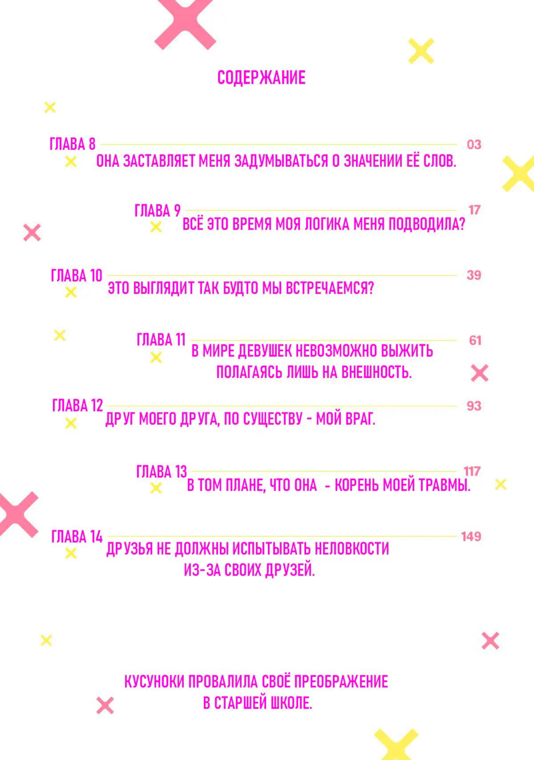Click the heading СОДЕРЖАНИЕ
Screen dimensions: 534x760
pyautogui.click(x=261, y=78)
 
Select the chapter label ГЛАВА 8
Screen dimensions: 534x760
pyautogui.click(x=73, y=144)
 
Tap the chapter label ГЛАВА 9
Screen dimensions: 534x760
pyautogui.click(x=158, y=210)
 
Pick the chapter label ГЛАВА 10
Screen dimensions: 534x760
pyautogui.click(x=77, y=275)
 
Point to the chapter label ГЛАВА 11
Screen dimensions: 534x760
pyautogui.click(x=161, y=339)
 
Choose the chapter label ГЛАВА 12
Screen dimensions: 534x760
pyautogui.click(x=77, y=405)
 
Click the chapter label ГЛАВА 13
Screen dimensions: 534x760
pyautogui.click(x=162, y=471)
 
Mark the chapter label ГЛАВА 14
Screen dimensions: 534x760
pyautogui.click(x=77, y=536)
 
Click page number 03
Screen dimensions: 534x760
pyautogui.click(x=474, y=145)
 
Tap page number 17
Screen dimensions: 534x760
pyautogui.click(x=474, y=210)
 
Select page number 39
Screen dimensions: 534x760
pyautogui.click(x=474, y=275)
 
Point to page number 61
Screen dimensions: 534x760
pyautogui.click(x=475, y=340)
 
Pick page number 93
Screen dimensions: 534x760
pyautogui.click(x=474, y=406)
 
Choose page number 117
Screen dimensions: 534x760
pyautogui.click(x=472, y=471)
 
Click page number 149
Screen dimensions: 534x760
pyautogui.click(x=471, y=536)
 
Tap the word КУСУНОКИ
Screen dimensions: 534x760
pyautogui.click(x=154, y=682)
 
